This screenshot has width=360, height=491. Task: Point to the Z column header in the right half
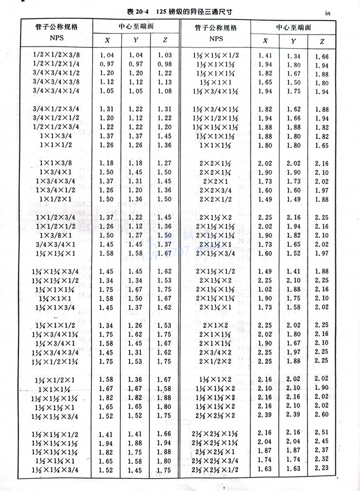(322, 41)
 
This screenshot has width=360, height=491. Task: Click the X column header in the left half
(107, 41)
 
